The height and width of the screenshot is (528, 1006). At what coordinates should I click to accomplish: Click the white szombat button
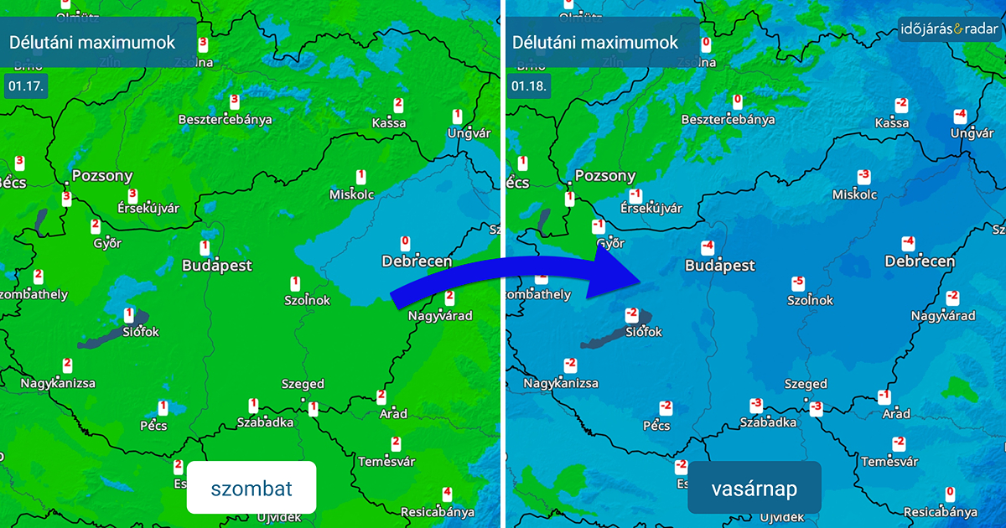(x=251, y=487)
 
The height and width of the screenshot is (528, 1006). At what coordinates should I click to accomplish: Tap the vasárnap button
(x=754, y=487)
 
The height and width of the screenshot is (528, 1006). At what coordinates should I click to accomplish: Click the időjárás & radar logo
(x=949, y=29)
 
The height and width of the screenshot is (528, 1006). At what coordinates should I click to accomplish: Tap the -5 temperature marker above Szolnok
(x=798, y=283)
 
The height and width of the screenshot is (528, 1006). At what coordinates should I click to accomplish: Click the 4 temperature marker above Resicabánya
(x=447, y=494)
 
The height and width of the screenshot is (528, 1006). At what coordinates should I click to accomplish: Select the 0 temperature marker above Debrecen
(x=407, y=243)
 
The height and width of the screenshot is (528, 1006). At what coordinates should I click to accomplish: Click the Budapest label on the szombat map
(x=217, y=266)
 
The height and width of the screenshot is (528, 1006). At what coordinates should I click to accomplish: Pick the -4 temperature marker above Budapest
(x=708, y=247)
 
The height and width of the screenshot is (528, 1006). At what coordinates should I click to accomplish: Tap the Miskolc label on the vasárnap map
(x=855, y=194)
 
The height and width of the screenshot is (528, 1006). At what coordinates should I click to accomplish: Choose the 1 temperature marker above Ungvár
(x=458, y=116)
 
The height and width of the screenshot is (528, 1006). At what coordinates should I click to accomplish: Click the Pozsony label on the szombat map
(x=102, y=176)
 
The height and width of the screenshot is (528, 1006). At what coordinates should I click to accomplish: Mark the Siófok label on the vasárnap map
(x=644, y=332)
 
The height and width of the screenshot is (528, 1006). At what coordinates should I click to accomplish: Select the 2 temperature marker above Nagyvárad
(x=449, y=298)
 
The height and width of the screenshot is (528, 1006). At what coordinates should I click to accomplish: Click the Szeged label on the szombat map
(x=303, y=384)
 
